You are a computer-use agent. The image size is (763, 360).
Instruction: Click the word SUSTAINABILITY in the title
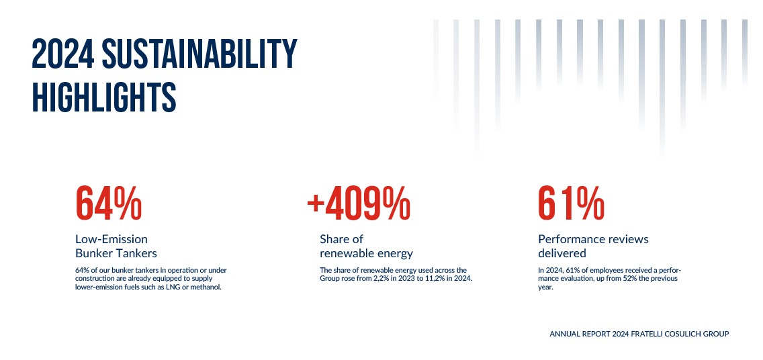[199, 54]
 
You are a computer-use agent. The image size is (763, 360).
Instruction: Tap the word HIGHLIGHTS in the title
[104, 98]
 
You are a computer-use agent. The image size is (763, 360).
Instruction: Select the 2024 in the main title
[63, 54]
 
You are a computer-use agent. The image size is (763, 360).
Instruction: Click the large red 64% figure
[109, 203]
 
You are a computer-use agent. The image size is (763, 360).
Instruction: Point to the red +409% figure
[359, 203]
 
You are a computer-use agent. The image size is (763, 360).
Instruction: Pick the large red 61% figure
[572, 203]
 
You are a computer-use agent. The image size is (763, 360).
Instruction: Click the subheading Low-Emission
[111, 239]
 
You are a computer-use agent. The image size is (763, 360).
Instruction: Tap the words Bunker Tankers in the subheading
[116, 253]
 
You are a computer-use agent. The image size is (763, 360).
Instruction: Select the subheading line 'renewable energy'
[366, 253]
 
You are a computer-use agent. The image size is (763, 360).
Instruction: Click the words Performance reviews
[593, 239]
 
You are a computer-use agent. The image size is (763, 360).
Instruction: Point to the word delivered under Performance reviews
[562, 253]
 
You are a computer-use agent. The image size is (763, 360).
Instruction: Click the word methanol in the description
[207, 287]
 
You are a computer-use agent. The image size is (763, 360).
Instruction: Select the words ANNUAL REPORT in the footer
[573, 334]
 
